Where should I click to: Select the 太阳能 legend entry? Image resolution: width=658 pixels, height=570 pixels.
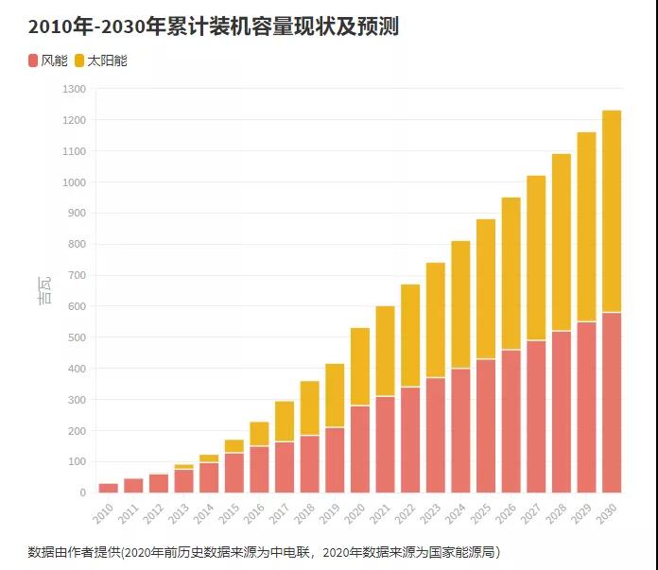coord(100,60)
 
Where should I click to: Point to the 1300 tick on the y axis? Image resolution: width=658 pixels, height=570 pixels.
coord(74,89)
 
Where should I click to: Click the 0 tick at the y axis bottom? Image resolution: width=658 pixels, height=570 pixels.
coord(82,492)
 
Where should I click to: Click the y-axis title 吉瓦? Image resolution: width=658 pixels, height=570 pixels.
coord(44,290)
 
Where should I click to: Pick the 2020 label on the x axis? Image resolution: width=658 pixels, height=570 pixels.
coord(355,514)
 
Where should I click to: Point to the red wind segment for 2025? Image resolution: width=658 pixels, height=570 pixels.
coord(486,425)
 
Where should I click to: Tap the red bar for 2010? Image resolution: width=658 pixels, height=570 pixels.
coord(109,488)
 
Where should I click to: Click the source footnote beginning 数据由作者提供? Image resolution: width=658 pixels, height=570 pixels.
coord(264,551)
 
